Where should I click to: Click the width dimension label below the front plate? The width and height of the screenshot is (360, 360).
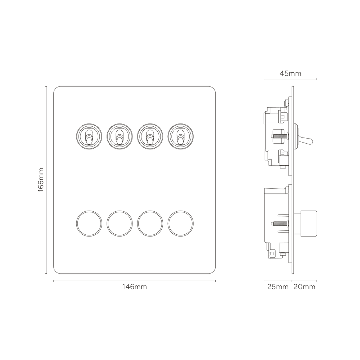click(x=135, y=287)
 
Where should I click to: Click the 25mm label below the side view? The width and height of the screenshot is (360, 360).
click(x=278, y=287)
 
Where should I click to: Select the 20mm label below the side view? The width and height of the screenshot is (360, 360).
click(x=305, y=287)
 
